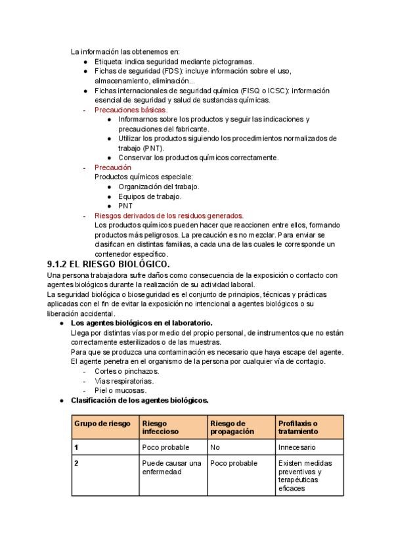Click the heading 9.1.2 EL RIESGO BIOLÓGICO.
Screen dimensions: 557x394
108,264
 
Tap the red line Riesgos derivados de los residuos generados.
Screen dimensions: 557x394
169,215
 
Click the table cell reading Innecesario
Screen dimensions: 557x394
297,447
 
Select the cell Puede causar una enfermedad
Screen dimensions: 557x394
171,467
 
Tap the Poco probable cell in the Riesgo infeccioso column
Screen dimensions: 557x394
165,447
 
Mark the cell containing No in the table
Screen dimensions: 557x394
215,447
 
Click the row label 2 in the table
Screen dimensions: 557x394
77,463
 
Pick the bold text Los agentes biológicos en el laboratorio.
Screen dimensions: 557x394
141,323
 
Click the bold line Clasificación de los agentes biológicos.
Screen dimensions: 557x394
140,400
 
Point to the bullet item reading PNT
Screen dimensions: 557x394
125,206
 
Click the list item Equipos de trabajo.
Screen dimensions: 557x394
150,196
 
